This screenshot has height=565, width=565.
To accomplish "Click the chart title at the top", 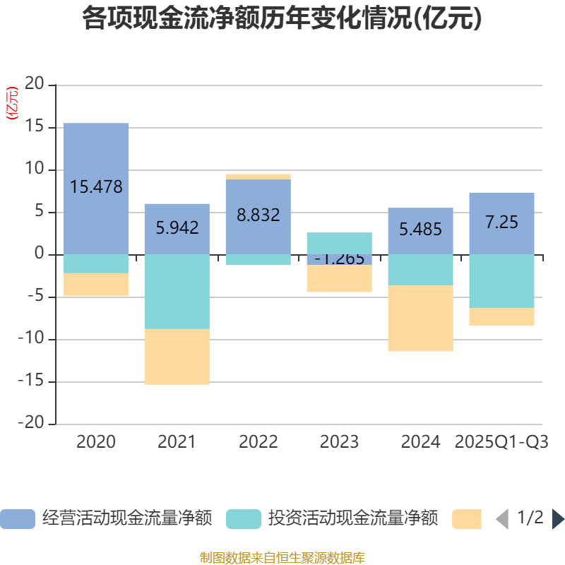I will tap(282, 18).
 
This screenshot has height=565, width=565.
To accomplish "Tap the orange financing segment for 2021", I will tap(177, 357).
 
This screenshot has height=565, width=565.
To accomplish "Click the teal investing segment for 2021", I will tap(177, 292).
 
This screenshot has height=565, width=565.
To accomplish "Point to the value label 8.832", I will tap(258, 215).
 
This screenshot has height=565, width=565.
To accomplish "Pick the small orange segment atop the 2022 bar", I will tap(258, 177).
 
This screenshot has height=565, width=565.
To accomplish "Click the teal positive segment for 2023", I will tap(339, 242).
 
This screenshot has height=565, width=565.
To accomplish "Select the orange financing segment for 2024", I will tap(420, 318).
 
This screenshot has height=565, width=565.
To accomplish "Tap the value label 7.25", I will tap(501, 222).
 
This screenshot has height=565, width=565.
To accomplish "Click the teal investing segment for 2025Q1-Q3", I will tap(501, 281).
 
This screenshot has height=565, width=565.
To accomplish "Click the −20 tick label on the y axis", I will tap(32, 424).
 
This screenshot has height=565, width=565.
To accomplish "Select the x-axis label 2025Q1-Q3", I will tap(501, 442).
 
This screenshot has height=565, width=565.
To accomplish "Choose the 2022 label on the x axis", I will tap(258, 442).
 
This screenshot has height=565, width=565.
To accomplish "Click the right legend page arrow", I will tap(558, 519).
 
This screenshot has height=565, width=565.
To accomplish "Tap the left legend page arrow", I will tap(502, 519).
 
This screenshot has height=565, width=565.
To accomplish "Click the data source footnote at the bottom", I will tap(282, 557).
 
